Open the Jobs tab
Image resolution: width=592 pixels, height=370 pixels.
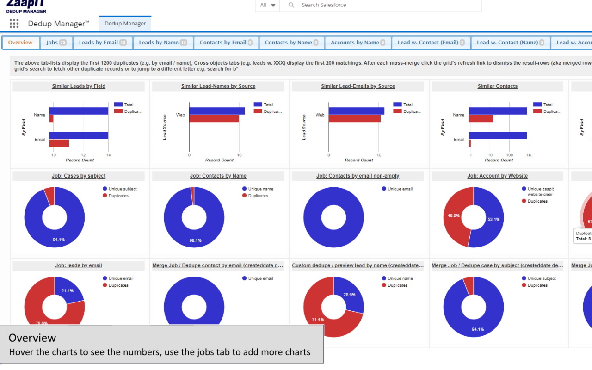56,43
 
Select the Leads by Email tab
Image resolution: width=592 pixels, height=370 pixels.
102,43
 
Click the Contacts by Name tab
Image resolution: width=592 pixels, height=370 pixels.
291,43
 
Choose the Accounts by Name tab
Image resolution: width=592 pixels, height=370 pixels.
358,43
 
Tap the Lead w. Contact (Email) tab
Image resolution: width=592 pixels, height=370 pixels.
431,43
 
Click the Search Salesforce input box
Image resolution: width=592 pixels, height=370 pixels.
388,5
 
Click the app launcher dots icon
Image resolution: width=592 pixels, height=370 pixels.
14,24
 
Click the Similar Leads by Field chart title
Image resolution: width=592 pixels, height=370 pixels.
79,86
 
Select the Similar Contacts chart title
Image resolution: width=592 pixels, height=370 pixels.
497,86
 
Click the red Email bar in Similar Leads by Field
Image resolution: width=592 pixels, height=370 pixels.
59,143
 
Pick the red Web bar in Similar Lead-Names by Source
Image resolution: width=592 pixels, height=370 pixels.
214,119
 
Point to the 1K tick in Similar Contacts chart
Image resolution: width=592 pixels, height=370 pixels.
529,155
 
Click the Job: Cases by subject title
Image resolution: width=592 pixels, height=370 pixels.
79,176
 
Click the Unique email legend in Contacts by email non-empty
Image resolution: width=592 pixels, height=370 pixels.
400,189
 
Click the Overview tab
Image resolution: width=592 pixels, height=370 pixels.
20,43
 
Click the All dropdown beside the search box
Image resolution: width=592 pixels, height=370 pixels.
267,5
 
